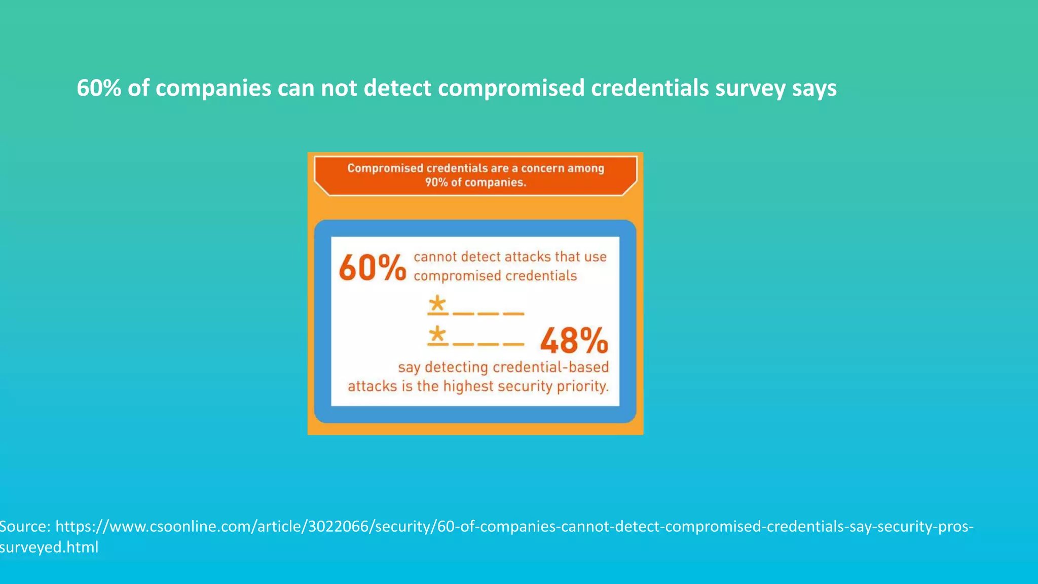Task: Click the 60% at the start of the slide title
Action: (99, 88)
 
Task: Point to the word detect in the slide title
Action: (397, 88)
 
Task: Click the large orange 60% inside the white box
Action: (373, 268)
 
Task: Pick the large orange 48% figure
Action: (574, 341)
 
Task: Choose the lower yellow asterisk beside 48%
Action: (437, 335)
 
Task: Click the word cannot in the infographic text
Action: (435, 257)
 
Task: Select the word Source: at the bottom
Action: (25, 526)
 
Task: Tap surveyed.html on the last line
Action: (49, 547)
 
